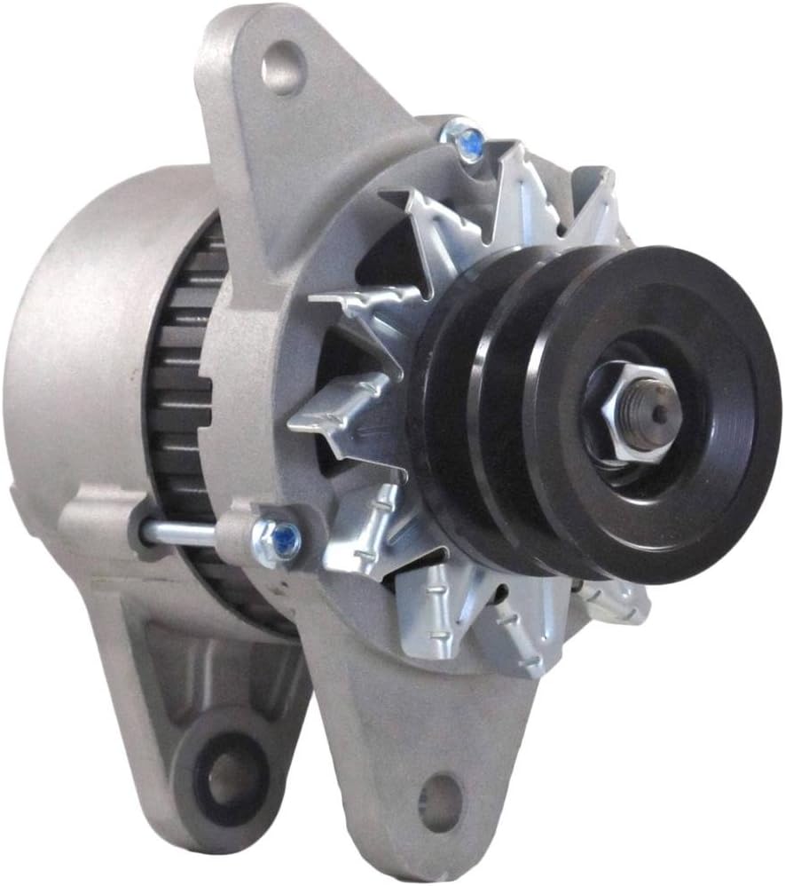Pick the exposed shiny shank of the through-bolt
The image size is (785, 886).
[x=177, y=533]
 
